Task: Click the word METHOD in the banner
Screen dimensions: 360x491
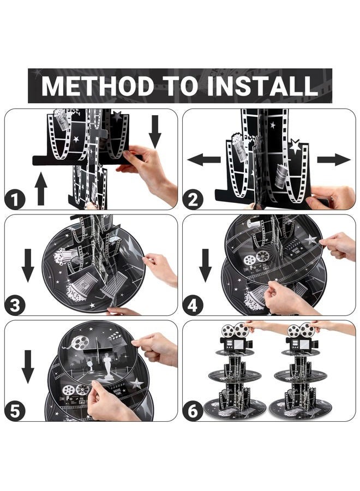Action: pos(98,86)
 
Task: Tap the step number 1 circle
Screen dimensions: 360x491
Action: pos(15,200)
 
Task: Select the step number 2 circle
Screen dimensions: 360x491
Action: pos(193,200)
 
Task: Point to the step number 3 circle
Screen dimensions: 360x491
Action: pos(15,305)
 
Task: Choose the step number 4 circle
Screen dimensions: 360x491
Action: pos(193,305)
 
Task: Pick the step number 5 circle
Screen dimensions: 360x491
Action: pos(15,411)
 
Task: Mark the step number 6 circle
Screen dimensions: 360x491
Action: pos(193,411)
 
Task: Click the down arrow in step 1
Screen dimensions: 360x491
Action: pos(155,131)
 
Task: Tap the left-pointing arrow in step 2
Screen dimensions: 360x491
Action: pos(204,160)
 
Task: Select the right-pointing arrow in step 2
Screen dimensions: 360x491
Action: pos(334,160)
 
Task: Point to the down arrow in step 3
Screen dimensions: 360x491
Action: pos(28,265)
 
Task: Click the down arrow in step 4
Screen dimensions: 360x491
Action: pos(206,265)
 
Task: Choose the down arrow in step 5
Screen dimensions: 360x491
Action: pos(28,367)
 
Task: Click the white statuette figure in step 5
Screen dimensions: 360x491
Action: pos(107,366)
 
